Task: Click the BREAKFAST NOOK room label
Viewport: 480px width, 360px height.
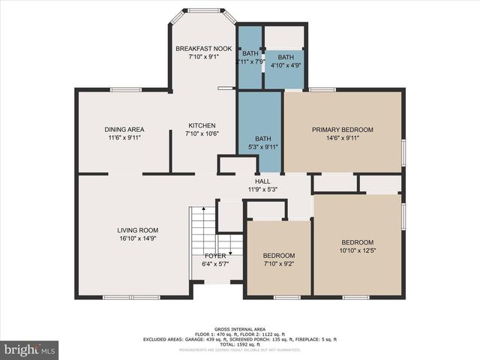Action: click(203, 49)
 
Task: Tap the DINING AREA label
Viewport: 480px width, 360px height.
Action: click(124, 130)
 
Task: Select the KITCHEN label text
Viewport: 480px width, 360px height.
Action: click(201, 125)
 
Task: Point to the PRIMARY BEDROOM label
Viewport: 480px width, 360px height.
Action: click(342, 130)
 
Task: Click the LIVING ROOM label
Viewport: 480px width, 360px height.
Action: click(137, 230)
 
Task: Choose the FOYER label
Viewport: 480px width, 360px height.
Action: click(214, 256)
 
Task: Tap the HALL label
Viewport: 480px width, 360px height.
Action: click(262, 181)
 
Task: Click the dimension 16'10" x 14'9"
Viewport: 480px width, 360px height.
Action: click(137, 239)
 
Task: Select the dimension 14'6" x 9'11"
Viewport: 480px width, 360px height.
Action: click(342, 139)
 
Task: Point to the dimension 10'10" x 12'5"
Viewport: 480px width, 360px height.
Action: click(357, 250)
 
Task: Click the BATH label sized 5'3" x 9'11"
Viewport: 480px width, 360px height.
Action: click(262, 139)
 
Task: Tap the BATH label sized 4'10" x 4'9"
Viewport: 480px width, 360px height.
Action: click(286, 58)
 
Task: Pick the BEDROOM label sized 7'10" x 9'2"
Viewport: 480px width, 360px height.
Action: click(278, 256)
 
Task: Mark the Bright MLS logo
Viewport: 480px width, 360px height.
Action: click(30, 349)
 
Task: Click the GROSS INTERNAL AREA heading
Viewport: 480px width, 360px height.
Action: click(239, 329)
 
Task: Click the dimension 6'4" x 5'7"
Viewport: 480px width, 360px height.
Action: click(214, 264)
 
